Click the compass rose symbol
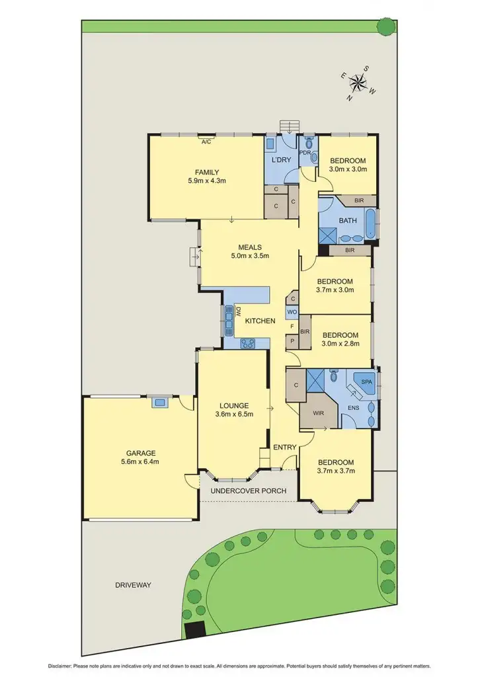(358, 83)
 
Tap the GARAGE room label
(138, 454)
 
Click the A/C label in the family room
(206, 141)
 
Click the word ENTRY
(285, 448)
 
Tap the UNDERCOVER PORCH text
(248, 491)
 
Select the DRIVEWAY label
(133, 585)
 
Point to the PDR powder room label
(305, 153)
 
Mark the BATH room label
(348, 220)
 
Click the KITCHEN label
(260, 321)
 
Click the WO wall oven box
(292, 312)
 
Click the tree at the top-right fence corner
(384, 26)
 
